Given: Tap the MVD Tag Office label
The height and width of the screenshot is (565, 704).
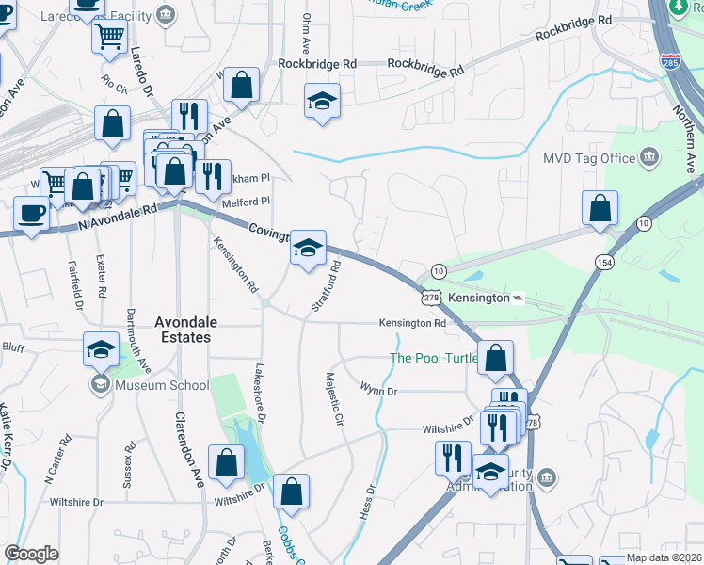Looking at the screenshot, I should pyautogui.click(x=589, y=157).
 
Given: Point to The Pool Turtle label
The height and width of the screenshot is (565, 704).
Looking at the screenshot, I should pyautogui.click(x=428, y=358).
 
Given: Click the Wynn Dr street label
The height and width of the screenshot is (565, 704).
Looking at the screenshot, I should pyautogui.click(x=378, y=388).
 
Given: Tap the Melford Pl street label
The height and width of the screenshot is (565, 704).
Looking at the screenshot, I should pyautogui.click(x=246, y=201).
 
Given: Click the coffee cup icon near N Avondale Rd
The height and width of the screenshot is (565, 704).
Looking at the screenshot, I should pyautogui.click(x=30, y=213).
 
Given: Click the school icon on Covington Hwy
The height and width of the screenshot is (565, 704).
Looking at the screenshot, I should pyautogui.click(x=308, y=249).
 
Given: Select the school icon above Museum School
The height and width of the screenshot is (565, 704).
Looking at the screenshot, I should pyautogui.click(x=102, y=349).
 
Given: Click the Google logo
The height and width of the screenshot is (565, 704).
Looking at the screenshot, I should pyautogui.click(x=31, y=554).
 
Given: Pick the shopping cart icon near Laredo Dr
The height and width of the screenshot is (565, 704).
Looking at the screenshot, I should pyautogui.click(x=110, y=37).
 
